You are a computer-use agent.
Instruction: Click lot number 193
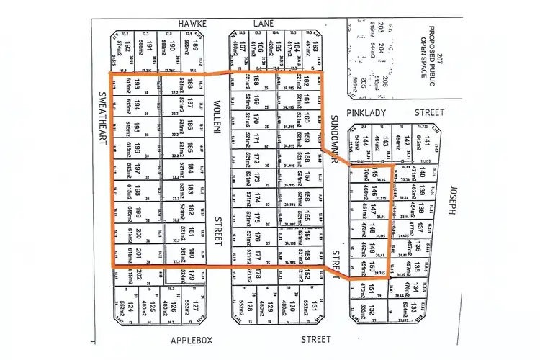(x=137, y=86)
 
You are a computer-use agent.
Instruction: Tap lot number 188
(x=189, y=86)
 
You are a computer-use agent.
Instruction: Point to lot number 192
(x=127, y=48)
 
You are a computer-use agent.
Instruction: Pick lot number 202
(x=137, y=275)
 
